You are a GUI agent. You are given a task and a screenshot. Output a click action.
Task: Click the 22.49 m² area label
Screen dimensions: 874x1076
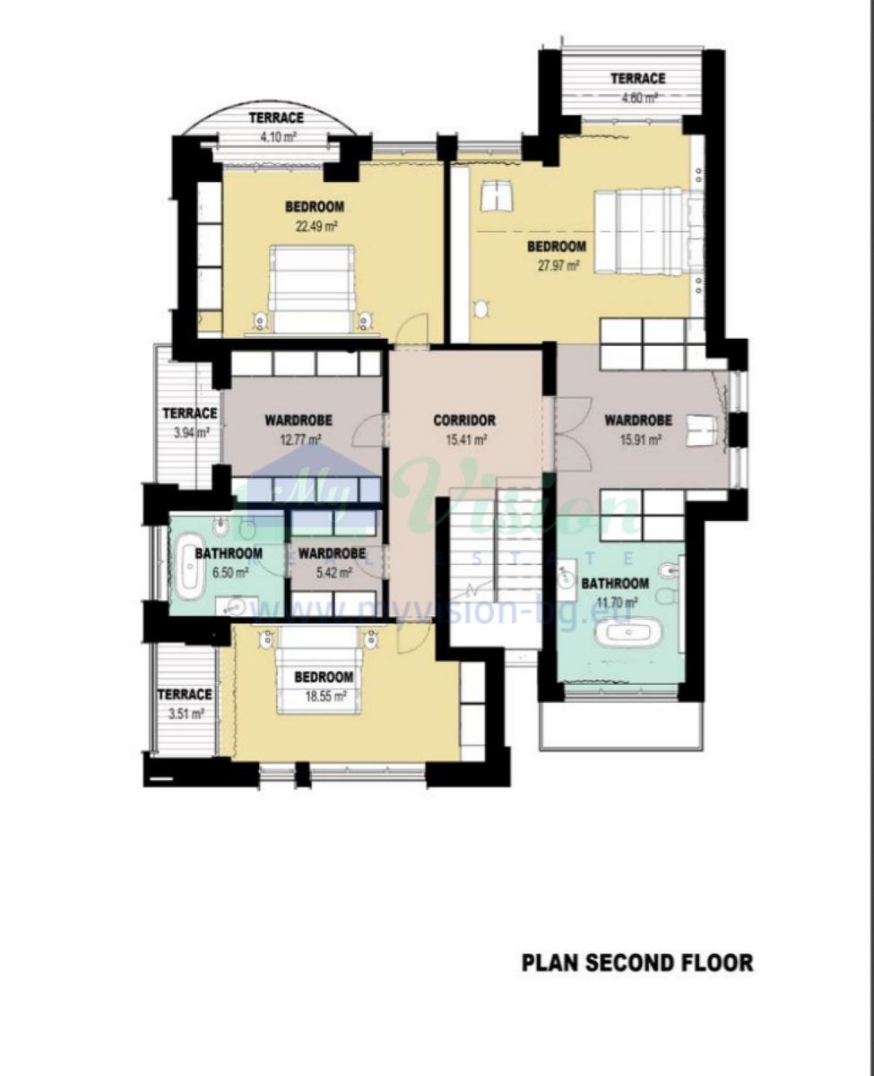[316, 226]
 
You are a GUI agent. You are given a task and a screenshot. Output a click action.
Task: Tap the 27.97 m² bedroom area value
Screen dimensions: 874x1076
[558, 265]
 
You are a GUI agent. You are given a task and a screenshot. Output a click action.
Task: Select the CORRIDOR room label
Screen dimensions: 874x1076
[464, 421]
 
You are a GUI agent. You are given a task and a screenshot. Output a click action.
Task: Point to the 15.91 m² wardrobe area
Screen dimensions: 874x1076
[640, 440]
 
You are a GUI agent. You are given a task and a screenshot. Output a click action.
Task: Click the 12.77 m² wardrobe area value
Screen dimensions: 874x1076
[301, 439]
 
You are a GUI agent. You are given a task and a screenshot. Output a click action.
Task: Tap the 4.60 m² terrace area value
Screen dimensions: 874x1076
[639, 97]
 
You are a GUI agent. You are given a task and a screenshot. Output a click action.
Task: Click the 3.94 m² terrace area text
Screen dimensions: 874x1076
[190, 432]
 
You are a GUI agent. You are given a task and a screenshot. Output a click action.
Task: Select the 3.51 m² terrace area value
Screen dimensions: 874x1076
[185, 713]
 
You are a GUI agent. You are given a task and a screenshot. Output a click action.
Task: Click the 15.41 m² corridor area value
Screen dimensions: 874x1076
[466, 439]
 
